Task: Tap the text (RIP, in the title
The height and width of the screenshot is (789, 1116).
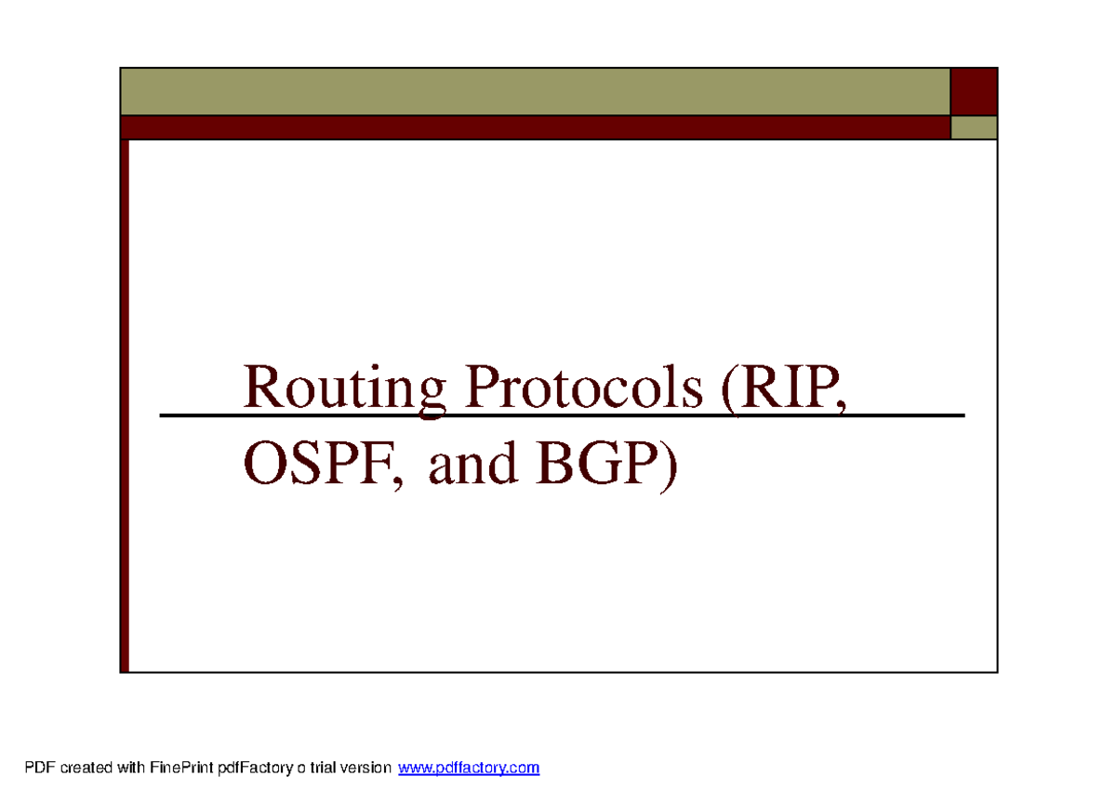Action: (x=786, y=390)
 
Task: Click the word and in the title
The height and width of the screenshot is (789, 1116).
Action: (x=472, y=465)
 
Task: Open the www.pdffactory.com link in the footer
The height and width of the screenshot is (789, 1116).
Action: (x=469, y=769)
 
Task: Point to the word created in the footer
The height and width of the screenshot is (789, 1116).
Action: (x=83, y=769)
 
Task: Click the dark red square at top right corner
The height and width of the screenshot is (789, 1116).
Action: (x=974, y=91)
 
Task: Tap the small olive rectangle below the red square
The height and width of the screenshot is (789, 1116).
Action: (x=974, y=127)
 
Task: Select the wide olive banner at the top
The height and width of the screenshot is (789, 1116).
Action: (x=535, y=91)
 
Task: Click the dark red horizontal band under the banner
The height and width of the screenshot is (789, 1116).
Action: (x=535, y=127)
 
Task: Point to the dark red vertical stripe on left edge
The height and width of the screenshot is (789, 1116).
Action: (x=125, y=404)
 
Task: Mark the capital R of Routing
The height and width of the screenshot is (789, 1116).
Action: (x=260, y=388)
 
